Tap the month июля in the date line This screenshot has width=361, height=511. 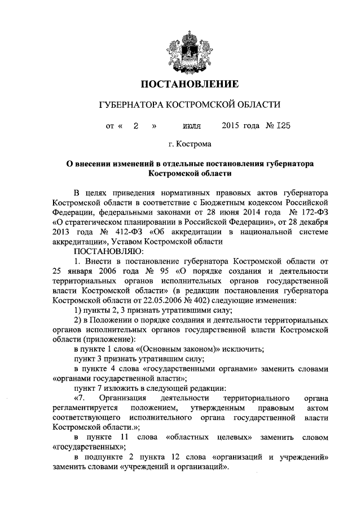[x=192, y=125]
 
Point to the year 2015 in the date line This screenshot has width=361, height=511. [x=231, y=125]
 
